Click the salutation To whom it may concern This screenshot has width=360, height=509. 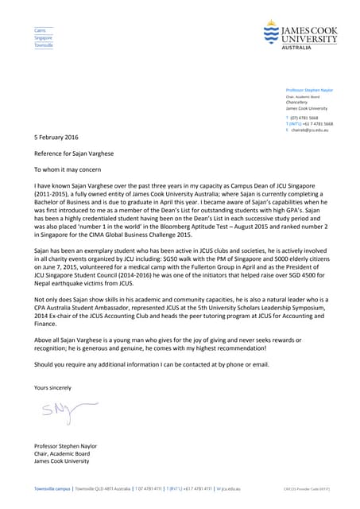click(68, 169)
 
